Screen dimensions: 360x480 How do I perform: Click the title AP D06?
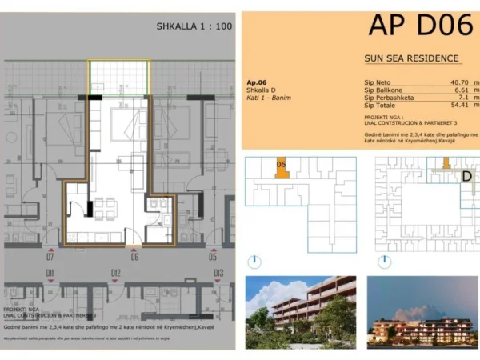pyautogui.click(x=419, y=26)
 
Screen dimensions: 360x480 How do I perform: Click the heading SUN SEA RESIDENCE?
pyautogui.click(x=410, y=58)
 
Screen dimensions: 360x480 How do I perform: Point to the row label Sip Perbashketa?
pyautogui.click(x=390, y=98)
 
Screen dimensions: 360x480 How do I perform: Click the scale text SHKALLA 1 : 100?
pyautogui.click(x=194, y=26)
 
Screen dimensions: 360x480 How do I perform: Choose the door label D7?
pyautogui.click(x=50, y=257)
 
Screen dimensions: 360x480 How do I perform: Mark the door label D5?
pyautogui.click(x=213, y=257)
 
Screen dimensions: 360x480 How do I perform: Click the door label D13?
pyautogui.click(x=218, y=274)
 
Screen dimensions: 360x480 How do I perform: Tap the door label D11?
pyautogui.click(x=50, y=274)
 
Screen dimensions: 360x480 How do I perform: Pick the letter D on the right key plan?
pyautogui.click(x=467, y=177)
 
